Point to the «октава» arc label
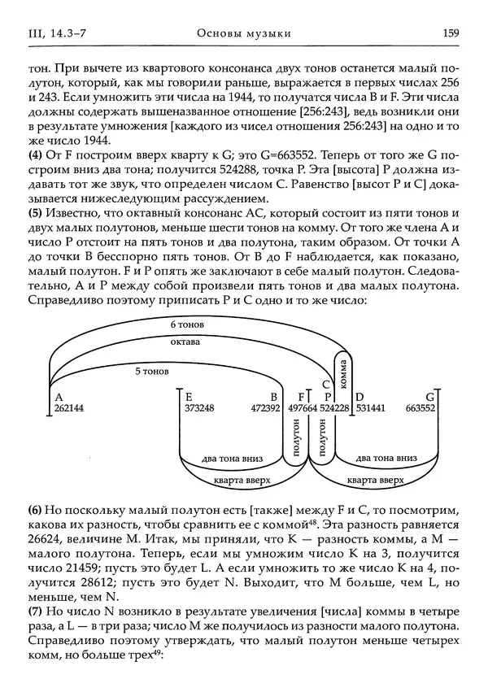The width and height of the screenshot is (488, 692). click(185, 342)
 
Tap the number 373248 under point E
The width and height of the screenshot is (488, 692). click(200, 408)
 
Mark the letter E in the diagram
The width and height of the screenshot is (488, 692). click(189, 396)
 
